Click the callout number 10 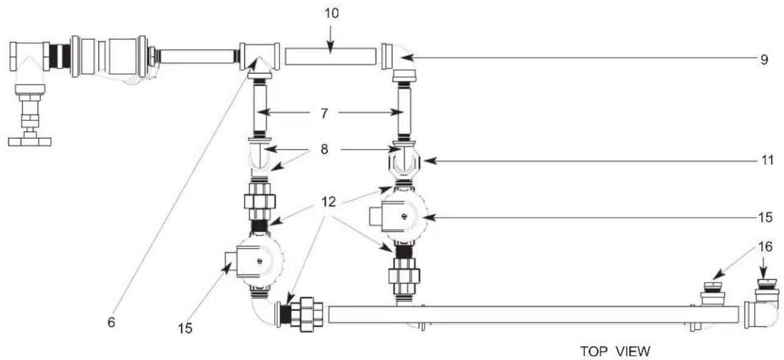pos(331,13)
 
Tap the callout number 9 pos(765,60)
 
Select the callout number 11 pos(768,161)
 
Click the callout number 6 pos(111,322)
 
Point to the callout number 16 pos(765,246)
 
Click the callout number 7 pos(325,113)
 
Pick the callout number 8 pos(325,149)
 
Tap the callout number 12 pos(329,202)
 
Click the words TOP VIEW pos(615,351)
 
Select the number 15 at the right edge pos(765,218)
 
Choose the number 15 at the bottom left pos(185,328)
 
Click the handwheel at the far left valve pos(30,142)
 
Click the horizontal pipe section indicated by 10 pos(331,57)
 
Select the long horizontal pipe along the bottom pos(534,314)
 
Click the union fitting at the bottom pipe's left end pos(306,314)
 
